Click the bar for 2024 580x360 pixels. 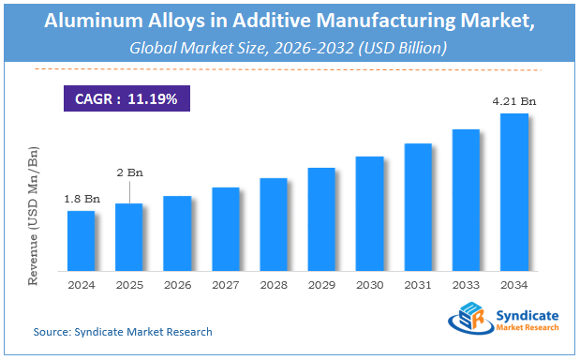[x=81, y=240]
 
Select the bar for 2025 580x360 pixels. [x=128, y=236]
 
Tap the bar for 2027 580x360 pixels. [x=225, y=228]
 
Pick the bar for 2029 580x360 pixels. [x=321, y=218]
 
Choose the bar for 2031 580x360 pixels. [x=418, y=206]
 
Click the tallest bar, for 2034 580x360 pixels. [x=514, y=191]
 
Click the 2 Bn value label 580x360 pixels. [x=128, y=172]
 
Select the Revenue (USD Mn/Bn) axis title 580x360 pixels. [x=35, y=215]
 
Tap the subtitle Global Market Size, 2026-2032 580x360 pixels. [x=289, y=47]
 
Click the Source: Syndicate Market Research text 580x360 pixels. [x=122, y=332]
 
